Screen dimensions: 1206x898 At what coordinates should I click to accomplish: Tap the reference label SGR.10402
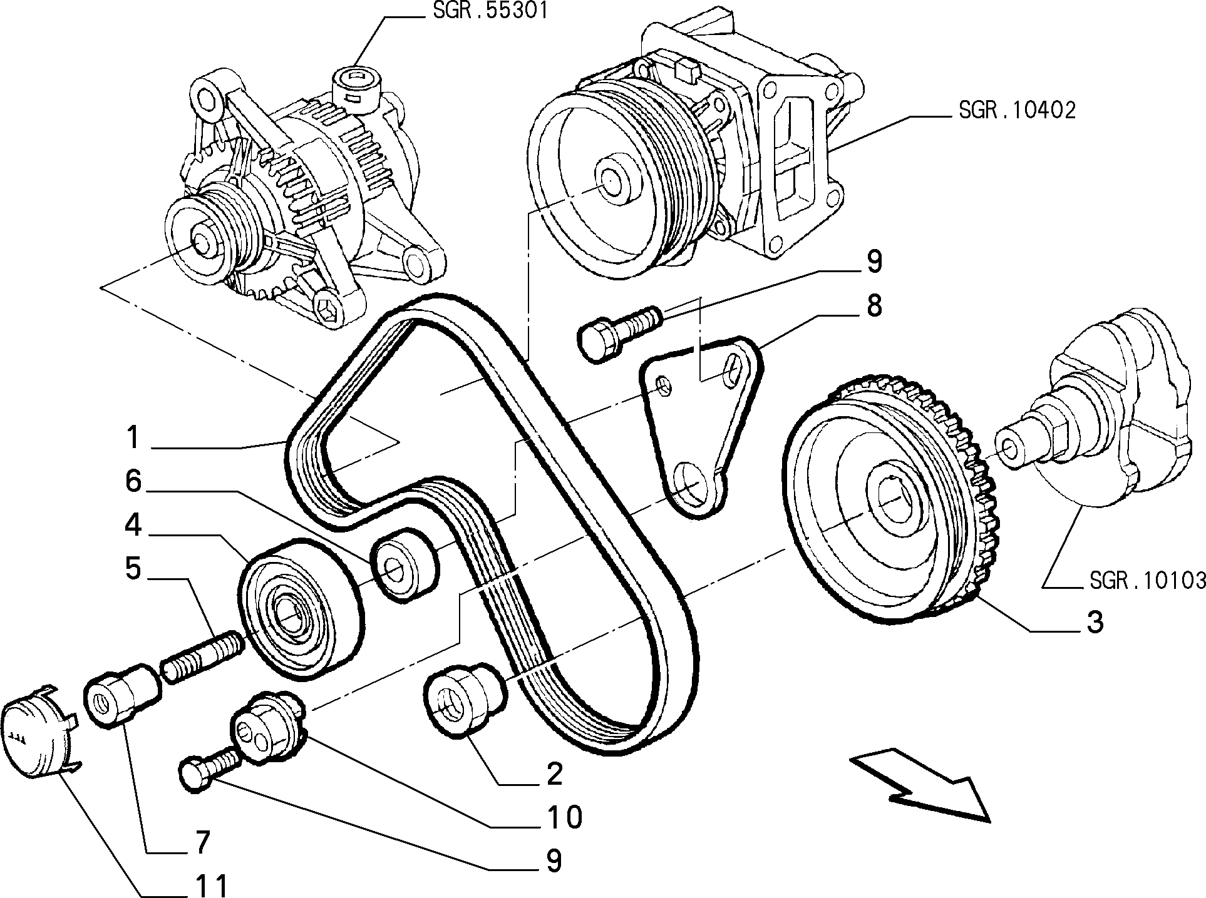pos(1017,110)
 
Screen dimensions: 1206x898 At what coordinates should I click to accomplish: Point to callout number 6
pos(133,482)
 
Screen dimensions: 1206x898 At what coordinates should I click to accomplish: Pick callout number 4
pos(133,526)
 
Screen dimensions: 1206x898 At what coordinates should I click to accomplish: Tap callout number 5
pos(133,569)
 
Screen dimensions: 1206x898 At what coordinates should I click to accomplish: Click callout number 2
pos(554,774)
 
